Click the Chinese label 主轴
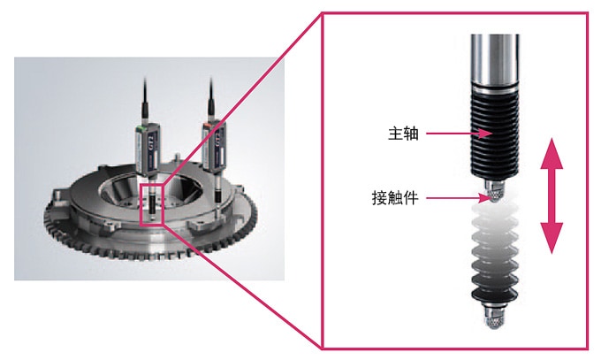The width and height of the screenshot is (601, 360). [403, 134]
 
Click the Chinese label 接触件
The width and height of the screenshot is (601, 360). [395, 198]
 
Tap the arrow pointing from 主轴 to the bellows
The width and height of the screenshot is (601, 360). [460, 134]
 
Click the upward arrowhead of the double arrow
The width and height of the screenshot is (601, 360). [552, 154]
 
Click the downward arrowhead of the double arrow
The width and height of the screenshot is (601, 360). [552, 238]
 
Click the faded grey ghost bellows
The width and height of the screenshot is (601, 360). [494, 253]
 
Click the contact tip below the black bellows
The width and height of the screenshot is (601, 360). [494, 191]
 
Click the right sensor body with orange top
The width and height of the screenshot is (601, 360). [214, 145]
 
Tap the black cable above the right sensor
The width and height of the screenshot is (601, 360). [211, 98]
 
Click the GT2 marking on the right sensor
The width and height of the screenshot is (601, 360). [218, 139]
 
